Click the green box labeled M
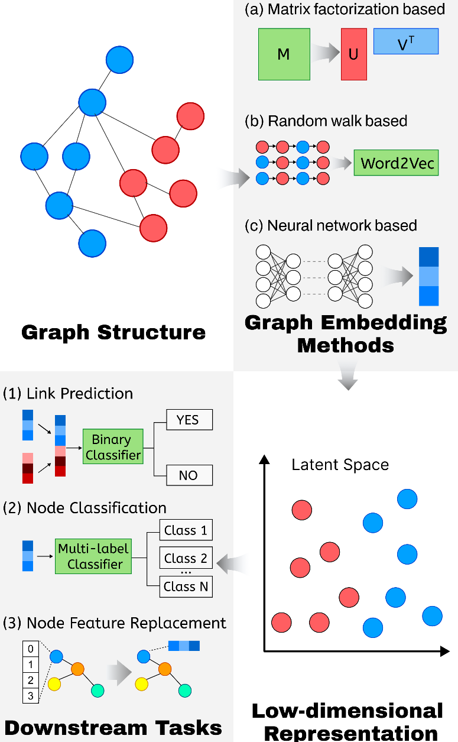click(284, 54)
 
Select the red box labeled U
click(353, 54)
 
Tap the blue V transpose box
click(405, 42)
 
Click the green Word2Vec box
click(396, 163)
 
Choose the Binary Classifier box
click(112, 447)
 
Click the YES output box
click(188, 420)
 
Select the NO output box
click(188, 475)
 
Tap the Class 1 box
click(186, 530)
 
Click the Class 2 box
click(186, 558)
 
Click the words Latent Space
click(340, 465)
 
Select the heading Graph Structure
click(113, 332)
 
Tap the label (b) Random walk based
click(326, 121)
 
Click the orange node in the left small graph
click(78, 669)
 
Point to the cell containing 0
click(31, 649)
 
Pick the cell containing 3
click(31, 696)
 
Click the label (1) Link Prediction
click(68, 394)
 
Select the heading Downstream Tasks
click(113, 727)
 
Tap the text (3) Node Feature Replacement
click(115, 623)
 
